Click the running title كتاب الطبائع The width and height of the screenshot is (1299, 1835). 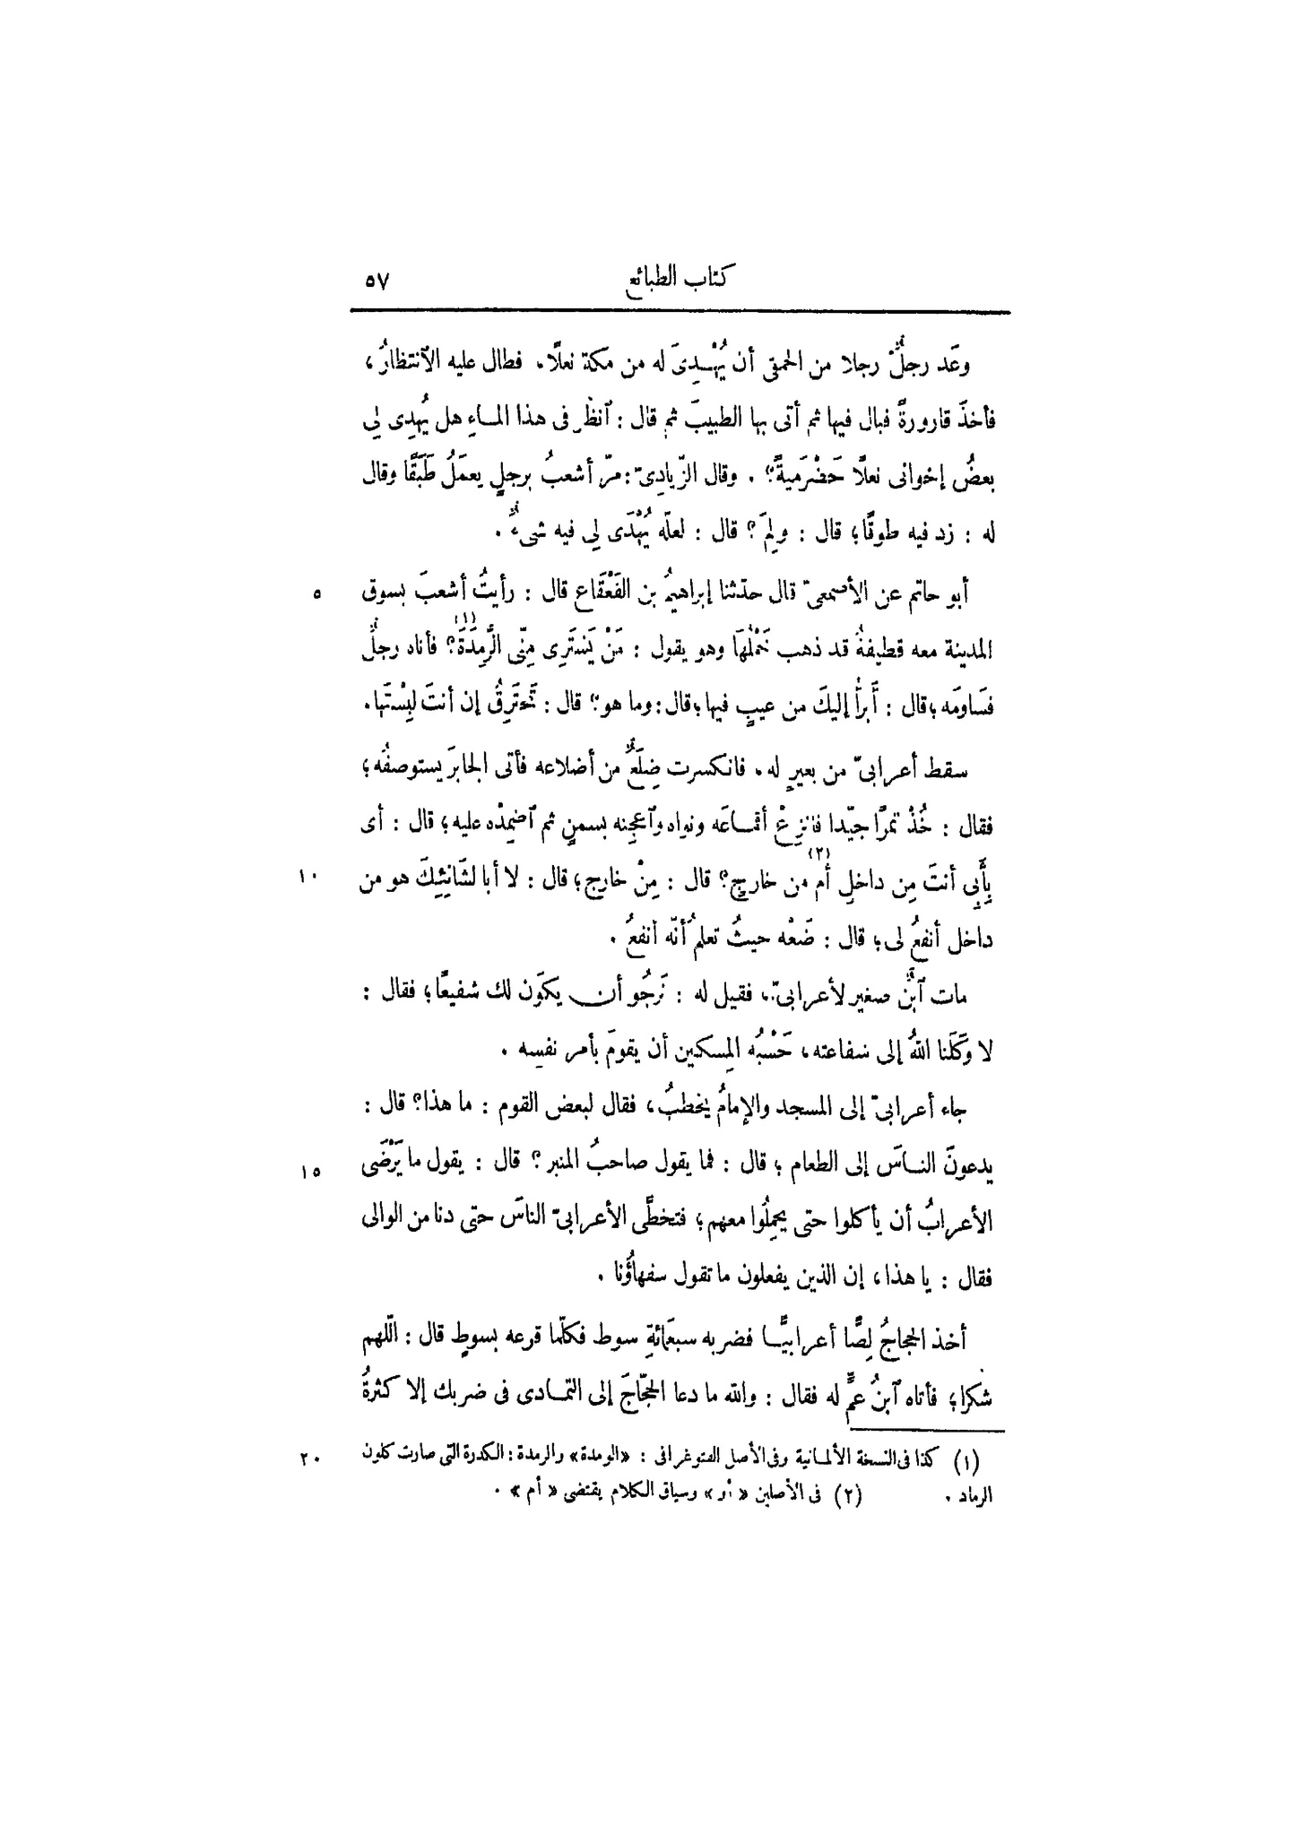click(680, 279)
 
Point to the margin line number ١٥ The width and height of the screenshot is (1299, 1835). click(308, 1172)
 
